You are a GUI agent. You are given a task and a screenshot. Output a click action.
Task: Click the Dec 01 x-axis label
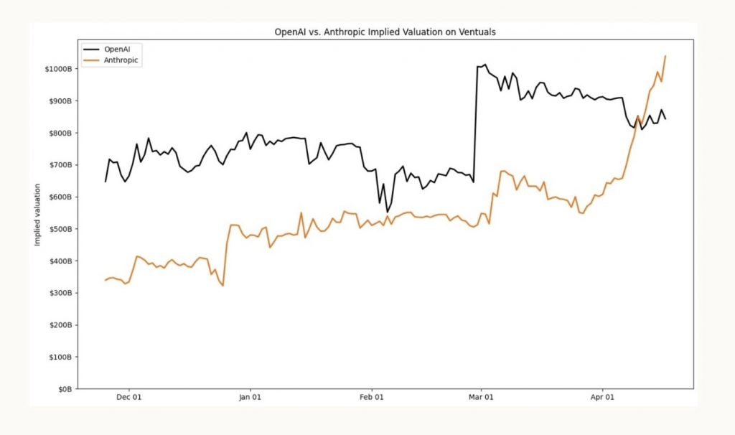tap(129, 397)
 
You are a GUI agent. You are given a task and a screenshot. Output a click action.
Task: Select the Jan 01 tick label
tap(250, 397)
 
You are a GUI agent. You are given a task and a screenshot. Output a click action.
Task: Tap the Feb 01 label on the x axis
tap(371, 397)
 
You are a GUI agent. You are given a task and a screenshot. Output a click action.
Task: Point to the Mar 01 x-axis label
tap(481, 397)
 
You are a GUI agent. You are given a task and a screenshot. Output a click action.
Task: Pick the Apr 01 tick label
tap(602, 397)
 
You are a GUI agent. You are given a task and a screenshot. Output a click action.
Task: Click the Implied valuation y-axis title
tap(37, 213)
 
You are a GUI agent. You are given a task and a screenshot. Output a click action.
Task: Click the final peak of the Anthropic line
tap(665, 56)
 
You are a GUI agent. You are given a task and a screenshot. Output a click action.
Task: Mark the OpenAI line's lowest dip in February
tap(388, 212)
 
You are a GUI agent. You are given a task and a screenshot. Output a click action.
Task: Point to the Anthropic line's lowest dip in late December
tap(223, 286)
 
